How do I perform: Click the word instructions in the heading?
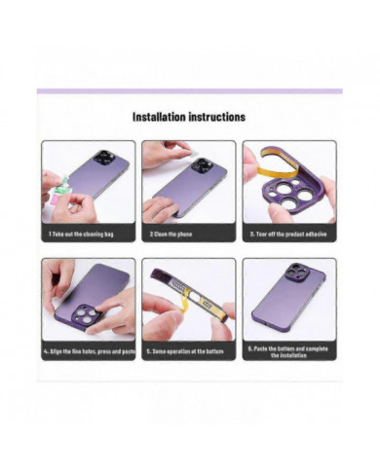216,117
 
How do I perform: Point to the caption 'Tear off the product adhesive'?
289,235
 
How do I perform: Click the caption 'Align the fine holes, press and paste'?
89,350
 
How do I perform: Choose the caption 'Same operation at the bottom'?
189,350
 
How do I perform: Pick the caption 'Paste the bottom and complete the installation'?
289,352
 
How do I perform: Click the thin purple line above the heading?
190,91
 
